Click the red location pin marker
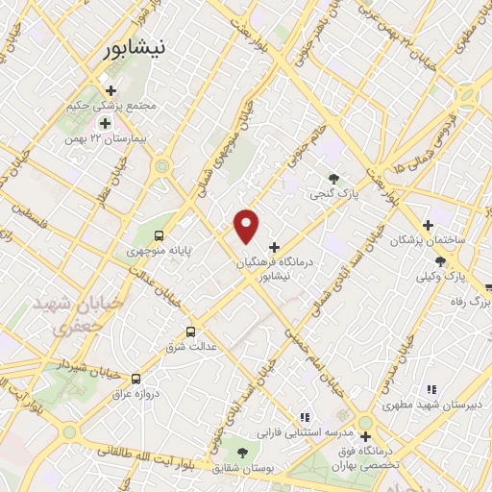(247, 225)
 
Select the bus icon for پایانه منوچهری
(159, 234)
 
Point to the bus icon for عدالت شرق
(190, 332)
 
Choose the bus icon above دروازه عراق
(135, 379)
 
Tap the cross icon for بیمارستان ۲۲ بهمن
(105, 123)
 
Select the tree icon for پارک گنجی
(332, 178)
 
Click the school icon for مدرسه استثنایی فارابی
(304, 417)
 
